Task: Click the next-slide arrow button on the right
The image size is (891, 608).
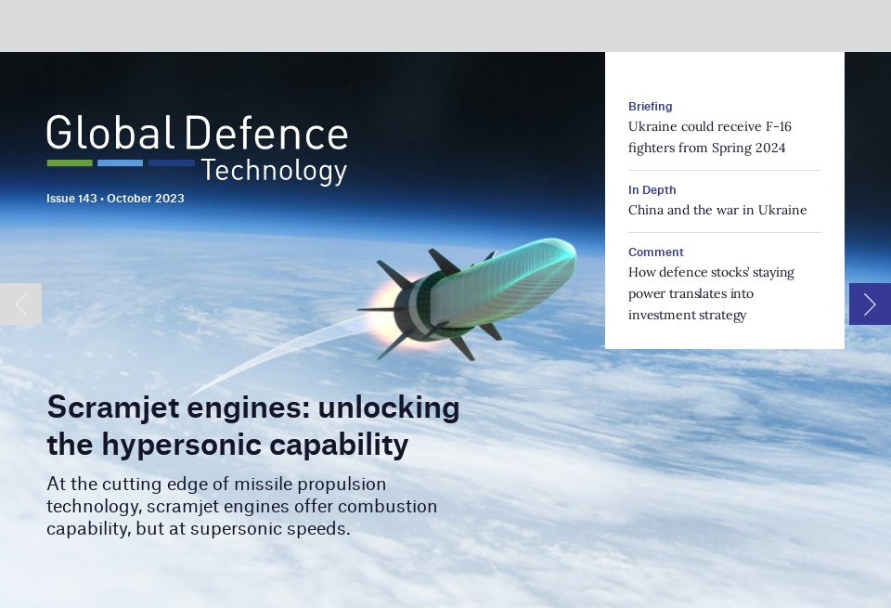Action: (870, 304)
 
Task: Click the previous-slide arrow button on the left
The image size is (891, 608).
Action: (20, 304)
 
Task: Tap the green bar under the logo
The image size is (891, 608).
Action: (70, 163)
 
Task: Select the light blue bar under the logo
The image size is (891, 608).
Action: (120, 163)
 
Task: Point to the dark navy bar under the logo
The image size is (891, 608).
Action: (172, 163)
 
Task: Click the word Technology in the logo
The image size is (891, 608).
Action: (274, 172)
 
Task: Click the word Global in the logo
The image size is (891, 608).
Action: (110, 134)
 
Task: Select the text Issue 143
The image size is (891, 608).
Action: (71, 199)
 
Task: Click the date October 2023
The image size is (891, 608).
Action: (146, 199)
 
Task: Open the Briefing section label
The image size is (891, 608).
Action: (650, 107)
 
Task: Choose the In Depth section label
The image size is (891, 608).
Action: (652, 190)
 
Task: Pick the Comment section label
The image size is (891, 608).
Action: (655, 252)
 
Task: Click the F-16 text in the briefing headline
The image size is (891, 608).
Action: (774, 126)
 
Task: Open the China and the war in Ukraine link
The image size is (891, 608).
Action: (717, 210)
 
